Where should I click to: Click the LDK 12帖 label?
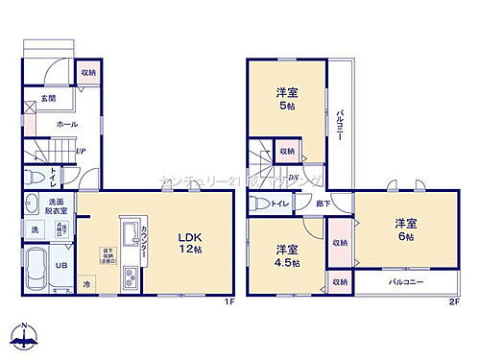[x=186, y=242]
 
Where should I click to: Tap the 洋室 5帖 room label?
[x=285, y=99]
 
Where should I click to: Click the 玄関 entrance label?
[x=48, y=99]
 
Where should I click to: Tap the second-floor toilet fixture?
[x=259, y=204]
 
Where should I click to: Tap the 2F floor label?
[x=454, y=301]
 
